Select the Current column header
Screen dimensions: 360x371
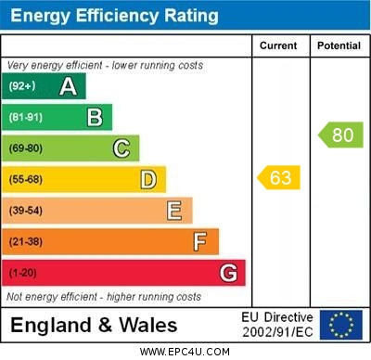pos(278,45)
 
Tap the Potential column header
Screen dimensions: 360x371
pos(339,45)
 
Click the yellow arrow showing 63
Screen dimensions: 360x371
pos(279,177)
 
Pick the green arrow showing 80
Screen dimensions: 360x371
pos(340,135)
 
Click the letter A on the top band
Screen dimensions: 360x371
pos(68,86)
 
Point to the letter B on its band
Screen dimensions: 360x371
pos(95,117)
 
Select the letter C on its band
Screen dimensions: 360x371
pos(122,148)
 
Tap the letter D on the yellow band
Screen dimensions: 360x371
pos(148,179)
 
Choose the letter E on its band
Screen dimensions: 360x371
pos(174,211)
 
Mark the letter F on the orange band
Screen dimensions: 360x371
pos(200,241)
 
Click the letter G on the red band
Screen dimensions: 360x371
pos(228,273)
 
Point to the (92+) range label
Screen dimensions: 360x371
pos(22,86)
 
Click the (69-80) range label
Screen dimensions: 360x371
pos(26,148)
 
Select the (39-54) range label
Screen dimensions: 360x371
pos(26,211)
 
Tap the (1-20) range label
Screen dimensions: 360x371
pos(23,273)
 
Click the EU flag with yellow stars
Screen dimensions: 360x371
pos(341,325)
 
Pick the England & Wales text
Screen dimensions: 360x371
pos(94,325)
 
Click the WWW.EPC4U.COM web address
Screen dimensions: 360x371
pos(185,352)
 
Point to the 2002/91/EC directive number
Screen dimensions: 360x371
pos(277,331)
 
